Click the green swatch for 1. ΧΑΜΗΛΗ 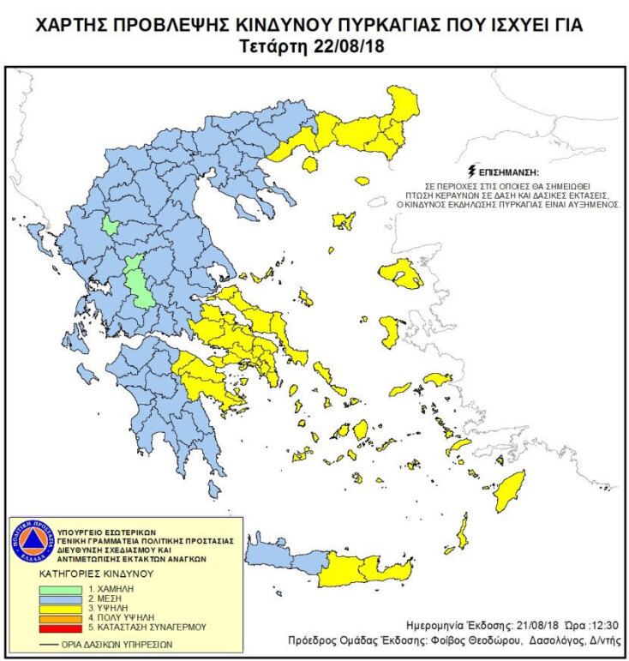61,591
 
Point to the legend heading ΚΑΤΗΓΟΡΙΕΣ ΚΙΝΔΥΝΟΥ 93,572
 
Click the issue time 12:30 604,626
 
